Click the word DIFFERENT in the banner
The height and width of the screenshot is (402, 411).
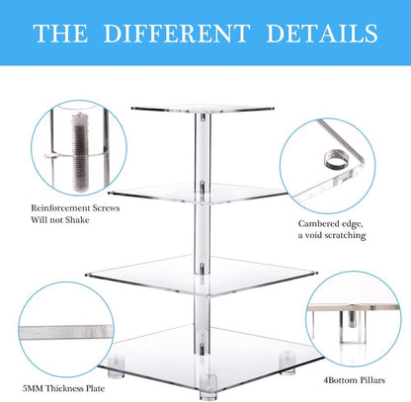click(177, 34)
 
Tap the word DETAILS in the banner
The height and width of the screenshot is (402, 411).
click(322, 34)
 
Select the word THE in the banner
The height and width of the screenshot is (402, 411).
click(60, 34)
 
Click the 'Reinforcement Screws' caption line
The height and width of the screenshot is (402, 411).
click(75, 208)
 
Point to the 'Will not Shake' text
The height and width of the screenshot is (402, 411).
click(60, 220)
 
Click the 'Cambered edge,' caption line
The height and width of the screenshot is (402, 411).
click(331, 224)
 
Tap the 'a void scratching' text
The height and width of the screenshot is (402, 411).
click(332, 235)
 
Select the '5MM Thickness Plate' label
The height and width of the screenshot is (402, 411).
click(63, 388)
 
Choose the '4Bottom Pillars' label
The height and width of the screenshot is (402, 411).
click(354, 380)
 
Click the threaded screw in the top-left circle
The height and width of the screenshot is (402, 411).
click(79, 152)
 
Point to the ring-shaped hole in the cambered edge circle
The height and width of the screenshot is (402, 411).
click(334, 160)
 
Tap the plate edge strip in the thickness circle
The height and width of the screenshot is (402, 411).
click(66, 332)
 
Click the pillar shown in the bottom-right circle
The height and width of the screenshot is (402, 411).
click(353, 325)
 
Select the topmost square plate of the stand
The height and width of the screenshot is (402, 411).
click(203, 109)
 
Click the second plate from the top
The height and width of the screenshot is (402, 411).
click(198, 193)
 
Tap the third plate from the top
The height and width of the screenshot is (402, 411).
click(202, 275)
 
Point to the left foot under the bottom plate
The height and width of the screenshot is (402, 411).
click(117, 366)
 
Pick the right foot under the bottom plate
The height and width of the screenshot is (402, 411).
click(288, 362)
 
